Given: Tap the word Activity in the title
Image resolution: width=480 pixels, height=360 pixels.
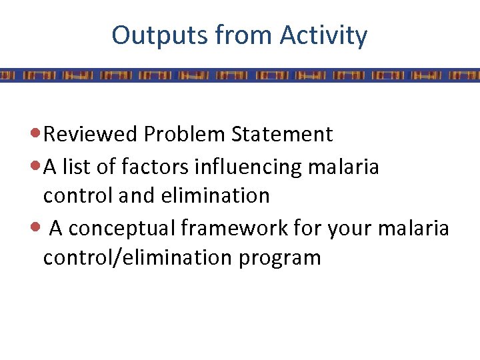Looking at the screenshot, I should point(323,35).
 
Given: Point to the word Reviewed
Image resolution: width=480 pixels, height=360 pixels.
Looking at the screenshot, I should point(91,134).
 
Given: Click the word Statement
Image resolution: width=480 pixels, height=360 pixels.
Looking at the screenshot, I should point(281,134).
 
